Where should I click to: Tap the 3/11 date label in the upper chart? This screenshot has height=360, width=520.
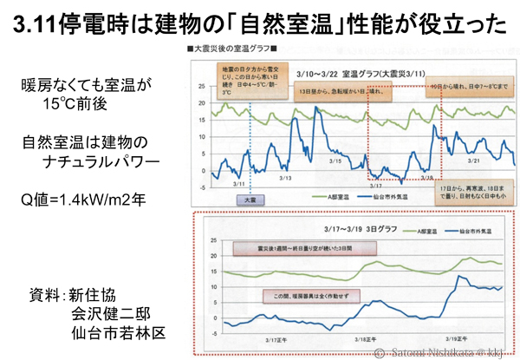[x=241, y=184]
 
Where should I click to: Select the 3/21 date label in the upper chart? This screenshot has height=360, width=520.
[x=474, y=161]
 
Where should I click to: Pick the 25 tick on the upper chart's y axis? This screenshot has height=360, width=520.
[x=201, y=88]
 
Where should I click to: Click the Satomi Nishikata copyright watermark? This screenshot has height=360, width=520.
[x=447, y=352]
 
